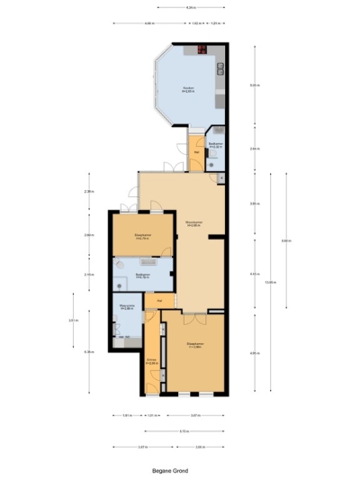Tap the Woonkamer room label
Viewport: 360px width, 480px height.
click(x=191, y=222)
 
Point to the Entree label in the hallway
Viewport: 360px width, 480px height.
click(x=151, y=362)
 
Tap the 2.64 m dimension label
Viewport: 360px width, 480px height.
click(x=254, y=149)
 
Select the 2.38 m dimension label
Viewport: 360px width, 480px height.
click(x=88, y=191)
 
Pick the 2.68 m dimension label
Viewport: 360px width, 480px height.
click(x=88, y=235)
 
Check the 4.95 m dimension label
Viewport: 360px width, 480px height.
click(x=254, y=353)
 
